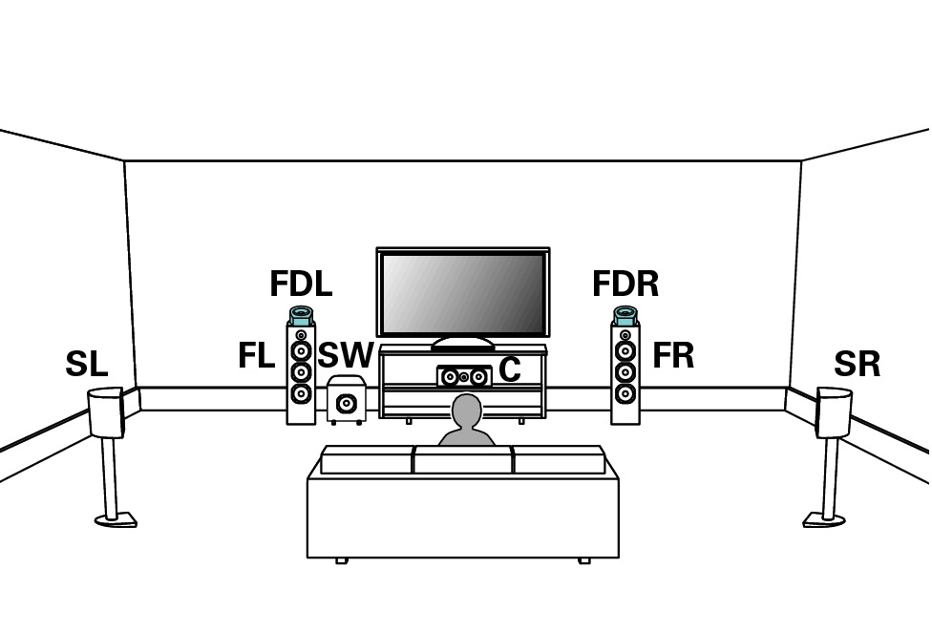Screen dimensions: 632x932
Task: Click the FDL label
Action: [301, 284]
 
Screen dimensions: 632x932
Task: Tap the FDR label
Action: [625, 284]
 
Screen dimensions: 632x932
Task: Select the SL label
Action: [86, 365]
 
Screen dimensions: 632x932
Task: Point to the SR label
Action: [857, 365]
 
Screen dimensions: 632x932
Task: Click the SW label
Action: [345, 356]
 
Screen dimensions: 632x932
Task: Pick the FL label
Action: [256, 356]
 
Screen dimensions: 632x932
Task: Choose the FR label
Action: [673, 356]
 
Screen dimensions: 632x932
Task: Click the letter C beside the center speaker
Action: [509, 369]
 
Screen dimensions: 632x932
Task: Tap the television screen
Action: [463, 292]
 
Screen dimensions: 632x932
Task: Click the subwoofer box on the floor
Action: [346, 401]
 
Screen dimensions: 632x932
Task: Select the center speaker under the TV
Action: [464, 376]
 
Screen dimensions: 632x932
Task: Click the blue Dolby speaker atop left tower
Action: [301, 316]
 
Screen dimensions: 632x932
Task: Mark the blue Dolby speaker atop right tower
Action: [625, 316]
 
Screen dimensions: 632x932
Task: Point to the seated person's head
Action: [466, 411]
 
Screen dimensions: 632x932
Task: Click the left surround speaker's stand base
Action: [116, 520]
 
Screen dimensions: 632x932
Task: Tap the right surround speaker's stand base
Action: [824, 520]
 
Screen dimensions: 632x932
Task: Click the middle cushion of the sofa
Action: [463, 461]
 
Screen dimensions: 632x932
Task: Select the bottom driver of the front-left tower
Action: [301, 393]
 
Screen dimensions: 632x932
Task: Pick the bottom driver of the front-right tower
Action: [625, 393]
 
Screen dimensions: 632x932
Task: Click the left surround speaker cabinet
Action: [106, 412]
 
